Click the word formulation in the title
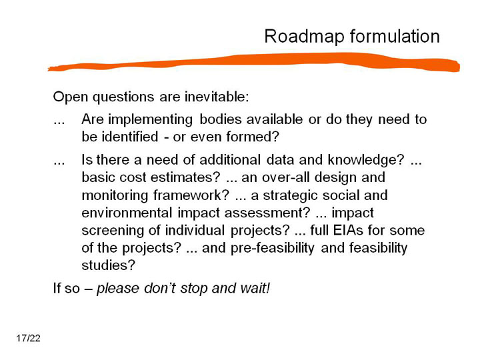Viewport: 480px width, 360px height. [395, 36]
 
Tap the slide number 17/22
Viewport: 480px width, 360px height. [29, 338]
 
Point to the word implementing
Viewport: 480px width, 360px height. [150, 120]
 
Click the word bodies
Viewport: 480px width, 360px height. [221, 119]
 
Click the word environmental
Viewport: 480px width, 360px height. [127, 213]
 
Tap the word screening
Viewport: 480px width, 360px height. [113, 231]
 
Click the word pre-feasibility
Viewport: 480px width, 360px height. [273, 248]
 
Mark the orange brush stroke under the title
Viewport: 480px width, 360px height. [254, 62]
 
